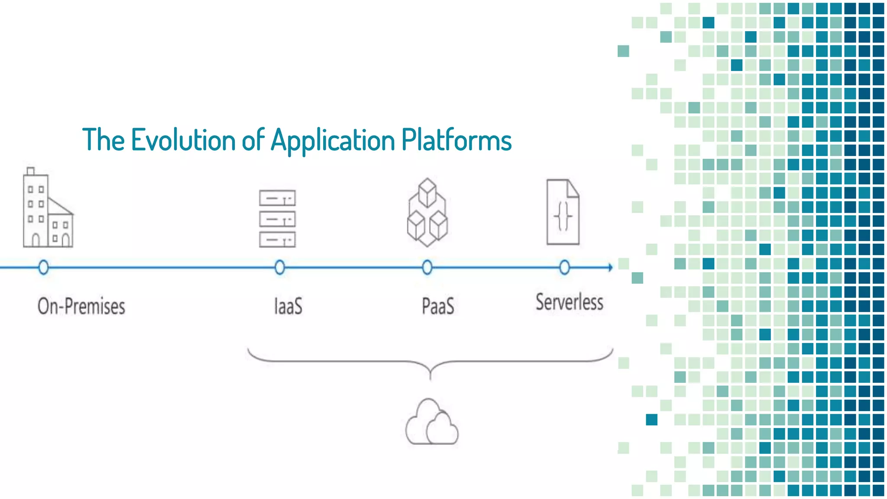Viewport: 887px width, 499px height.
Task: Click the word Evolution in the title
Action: point(184,140)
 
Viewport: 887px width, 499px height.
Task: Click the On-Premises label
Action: point(81,306)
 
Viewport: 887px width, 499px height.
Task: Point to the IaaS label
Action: point(288,306)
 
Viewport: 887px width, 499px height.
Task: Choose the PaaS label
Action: point(438,306)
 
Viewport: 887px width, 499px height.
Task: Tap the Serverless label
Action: point(569,302)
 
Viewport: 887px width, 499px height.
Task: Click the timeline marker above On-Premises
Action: point(43,267)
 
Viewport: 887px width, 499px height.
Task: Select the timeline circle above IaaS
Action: point(280,267)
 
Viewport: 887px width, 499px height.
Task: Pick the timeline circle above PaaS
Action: point(427,267)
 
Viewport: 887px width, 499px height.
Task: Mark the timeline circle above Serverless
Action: point(564,267)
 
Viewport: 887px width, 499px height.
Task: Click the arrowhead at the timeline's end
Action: point(610,267)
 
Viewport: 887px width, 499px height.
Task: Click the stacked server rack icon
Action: point(277,219)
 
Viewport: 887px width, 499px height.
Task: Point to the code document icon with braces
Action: point(563,212)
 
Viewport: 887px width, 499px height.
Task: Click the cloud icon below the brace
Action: point(431,423)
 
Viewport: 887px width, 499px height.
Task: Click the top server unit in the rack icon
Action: point(277,198)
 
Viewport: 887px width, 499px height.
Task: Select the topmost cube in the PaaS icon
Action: point(427,192)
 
